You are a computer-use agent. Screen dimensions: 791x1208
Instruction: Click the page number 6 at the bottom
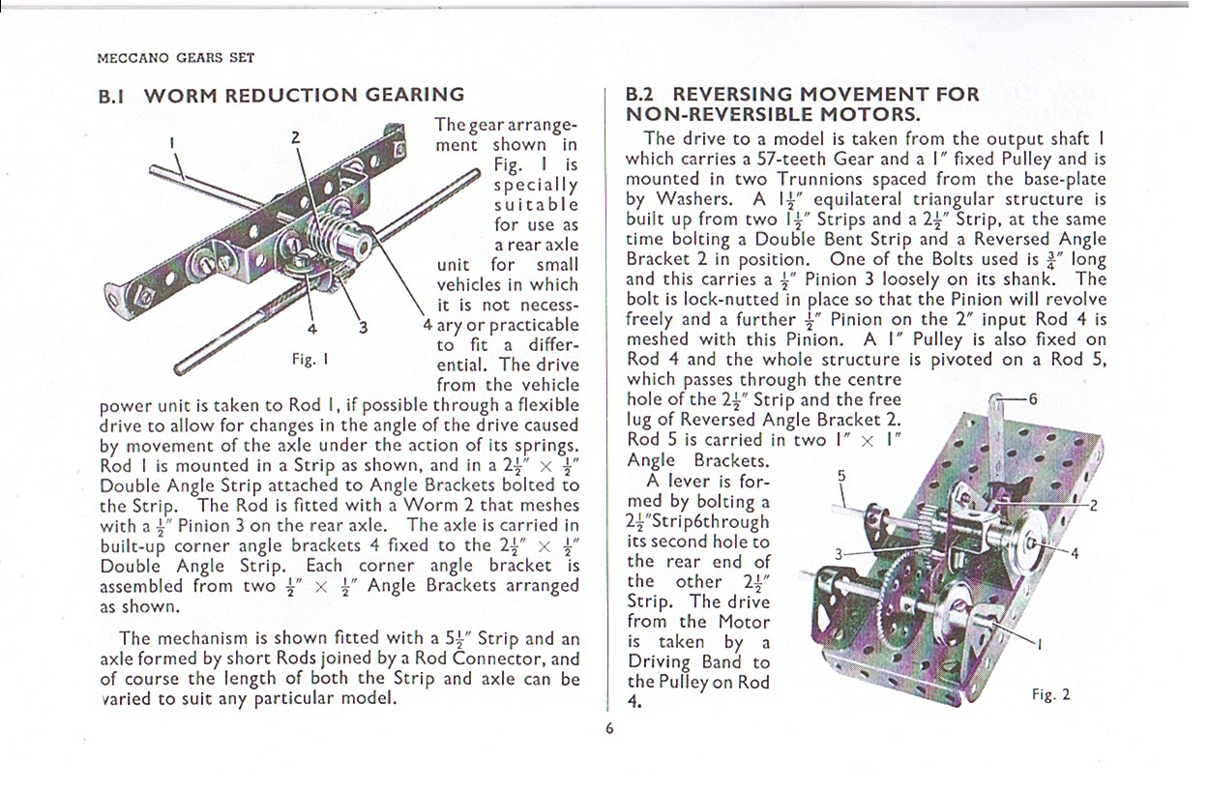tap(609, 728)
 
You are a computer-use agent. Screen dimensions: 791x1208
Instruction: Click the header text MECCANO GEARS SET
tap(176, 57)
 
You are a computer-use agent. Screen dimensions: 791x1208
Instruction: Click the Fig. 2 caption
tap(1050, 694)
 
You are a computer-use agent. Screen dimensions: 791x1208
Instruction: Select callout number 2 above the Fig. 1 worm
tap(296, 136)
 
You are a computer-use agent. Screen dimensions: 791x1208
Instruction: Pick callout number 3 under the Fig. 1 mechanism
tap(363, 327)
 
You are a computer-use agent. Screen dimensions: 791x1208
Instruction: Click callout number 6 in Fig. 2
tap(1034, 398)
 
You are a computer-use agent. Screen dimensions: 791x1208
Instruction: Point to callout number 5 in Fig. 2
tap(840, 475)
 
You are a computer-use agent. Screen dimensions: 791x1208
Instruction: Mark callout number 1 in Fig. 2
tap(1039, 644)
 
